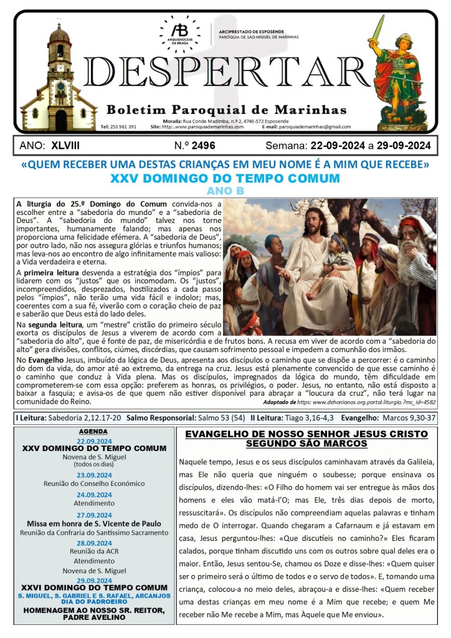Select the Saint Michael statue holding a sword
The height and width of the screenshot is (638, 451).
tap(404, 69)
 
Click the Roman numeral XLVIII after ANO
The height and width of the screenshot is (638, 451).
tap(65, 146)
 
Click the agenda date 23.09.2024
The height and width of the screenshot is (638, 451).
tap(94, 475)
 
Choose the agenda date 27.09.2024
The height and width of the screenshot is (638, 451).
tap(94, 515)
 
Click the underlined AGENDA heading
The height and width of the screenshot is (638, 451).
tap(94, 431)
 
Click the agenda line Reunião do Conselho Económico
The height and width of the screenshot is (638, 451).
tap(94, 483)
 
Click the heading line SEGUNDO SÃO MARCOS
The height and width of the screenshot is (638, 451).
tap(306, 443)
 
